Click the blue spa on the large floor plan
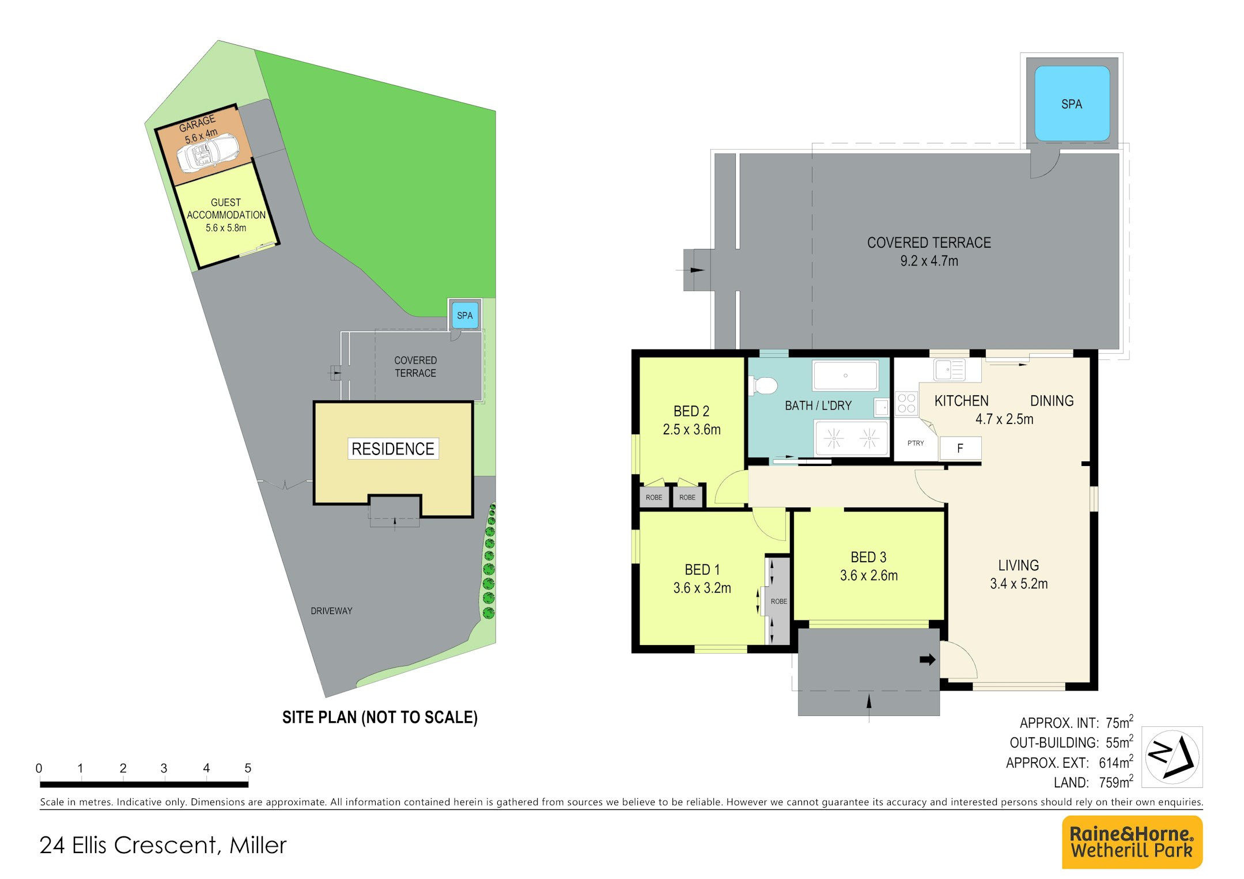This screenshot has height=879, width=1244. [x=1072, y=104]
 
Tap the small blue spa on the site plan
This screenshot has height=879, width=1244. [x=464, y=315]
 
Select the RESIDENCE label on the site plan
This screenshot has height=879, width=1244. [x=393, y=449]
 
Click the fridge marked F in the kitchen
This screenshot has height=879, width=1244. [x=960, y=448]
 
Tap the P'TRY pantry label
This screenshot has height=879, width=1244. [x=915, y=443]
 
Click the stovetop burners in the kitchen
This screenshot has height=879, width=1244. [x=906, y=403]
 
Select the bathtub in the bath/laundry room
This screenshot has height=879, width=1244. [x=845, y=376]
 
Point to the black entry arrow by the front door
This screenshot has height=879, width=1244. [x=927, y=660]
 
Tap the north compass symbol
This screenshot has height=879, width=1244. [x=1172, y=757]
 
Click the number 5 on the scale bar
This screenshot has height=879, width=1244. [x=248, y=768]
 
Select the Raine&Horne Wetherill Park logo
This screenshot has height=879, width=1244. [x=1132, y=842]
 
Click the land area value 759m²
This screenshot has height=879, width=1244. [x=1116, y=782]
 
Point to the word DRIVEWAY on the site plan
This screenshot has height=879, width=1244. [x=331, y=611]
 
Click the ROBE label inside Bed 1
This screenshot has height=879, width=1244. [x=779, y=601]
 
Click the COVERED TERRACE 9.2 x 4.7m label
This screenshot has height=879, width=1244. [x=929, y=252]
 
